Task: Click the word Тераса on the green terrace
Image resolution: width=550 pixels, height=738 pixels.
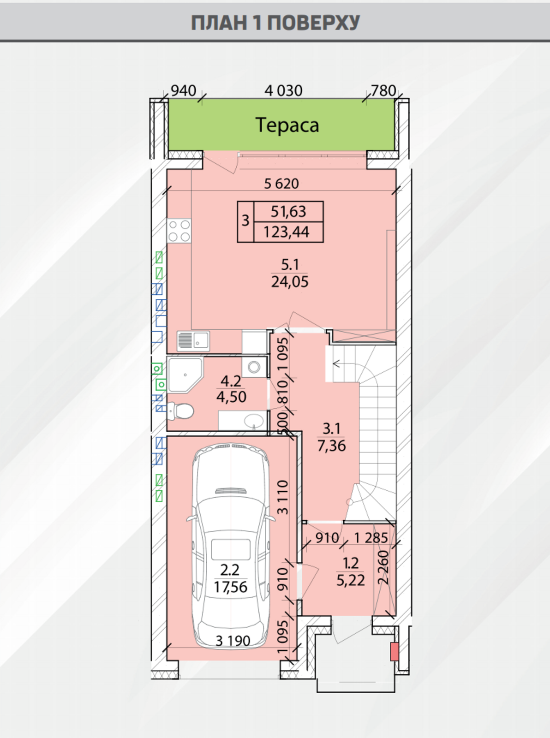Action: point(287,125)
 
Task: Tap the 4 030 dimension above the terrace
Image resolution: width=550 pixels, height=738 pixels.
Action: point(283,90)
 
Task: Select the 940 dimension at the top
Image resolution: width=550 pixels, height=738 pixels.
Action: point(183,90)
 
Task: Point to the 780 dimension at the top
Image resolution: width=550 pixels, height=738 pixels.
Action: point(383,90)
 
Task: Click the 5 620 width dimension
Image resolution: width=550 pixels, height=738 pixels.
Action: point(281,183)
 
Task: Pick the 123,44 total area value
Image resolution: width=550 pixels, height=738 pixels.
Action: point(287,232)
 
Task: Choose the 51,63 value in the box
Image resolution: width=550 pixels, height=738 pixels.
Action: point(288,211)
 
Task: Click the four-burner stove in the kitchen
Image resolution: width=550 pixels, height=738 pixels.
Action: point(179,231)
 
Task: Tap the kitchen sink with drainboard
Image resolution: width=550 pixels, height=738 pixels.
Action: point(193,341)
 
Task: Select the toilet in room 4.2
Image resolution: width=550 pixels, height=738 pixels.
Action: point(181,410)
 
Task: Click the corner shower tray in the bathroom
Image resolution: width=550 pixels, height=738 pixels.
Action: point(185,375)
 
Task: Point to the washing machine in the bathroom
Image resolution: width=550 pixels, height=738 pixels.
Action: point(255,367)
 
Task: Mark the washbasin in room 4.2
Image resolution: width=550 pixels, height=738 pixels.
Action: point(254,421)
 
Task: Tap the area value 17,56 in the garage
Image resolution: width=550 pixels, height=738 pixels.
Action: point(230,587)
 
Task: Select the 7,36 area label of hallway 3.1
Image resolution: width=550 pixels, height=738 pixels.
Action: point(332,446)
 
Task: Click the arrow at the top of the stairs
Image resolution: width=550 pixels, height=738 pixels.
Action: point(336,363)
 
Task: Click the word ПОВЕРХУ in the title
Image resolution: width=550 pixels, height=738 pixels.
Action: point(314,23)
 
